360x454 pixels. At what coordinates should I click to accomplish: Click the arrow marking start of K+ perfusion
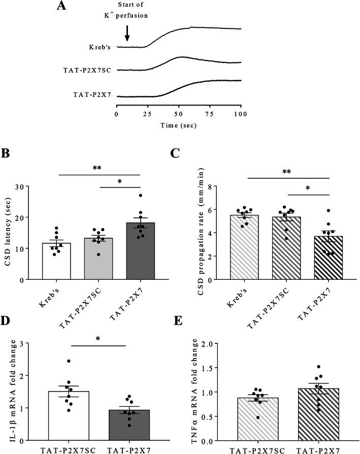coord(127,33)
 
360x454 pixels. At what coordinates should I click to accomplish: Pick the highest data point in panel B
coord(141,195)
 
